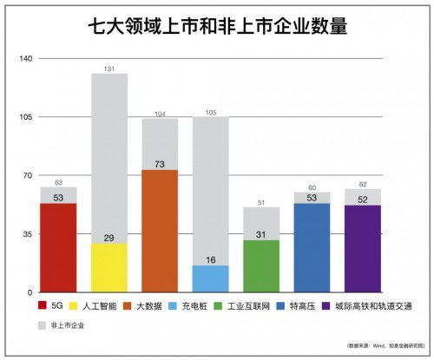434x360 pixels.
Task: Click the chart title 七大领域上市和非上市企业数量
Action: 217,27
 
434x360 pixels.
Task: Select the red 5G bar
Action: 58,247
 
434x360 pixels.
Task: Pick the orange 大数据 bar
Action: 160,231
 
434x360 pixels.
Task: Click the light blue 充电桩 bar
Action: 210,278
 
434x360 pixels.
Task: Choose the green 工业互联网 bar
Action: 260,265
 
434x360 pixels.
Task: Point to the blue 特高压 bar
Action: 312,247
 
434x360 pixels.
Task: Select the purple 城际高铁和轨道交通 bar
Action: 362,248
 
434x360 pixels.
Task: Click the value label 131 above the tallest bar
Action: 109,69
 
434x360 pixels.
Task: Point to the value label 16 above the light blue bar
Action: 210,259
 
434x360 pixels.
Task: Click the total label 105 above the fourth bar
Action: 210,112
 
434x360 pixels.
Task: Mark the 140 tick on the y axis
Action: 24,59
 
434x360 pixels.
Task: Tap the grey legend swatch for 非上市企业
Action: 43,326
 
